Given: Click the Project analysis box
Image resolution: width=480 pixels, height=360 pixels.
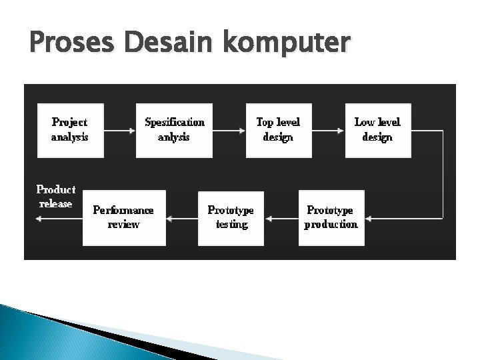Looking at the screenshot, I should pos(69,130).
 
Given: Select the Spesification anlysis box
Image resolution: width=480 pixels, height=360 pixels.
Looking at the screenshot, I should pos(174,130).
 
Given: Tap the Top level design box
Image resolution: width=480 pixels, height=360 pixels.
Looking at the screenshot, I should pos(278,130).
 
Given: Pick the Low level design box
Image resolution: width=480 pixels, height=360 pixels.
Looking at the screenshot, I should pos(377,130).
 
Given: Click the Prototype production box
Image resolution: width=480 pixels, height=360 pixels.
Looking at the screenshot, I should pos(331,217).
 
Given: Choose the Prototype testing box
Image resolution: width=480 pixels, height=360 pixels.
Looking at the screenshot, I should pos(231,217).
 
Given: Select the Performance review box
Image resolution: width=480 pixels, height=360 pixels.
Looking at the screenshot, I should pos(123,217).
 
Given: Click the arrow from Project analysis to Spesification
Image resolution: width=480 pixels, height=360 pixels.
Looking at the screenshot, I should pos(119,131).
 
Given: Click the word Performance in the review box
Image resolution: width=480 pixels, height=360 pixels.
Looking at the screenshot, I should pos(123,210).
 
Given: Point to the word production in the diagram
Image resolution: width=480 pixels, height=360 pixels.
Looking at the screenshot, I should pos(331,225).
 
